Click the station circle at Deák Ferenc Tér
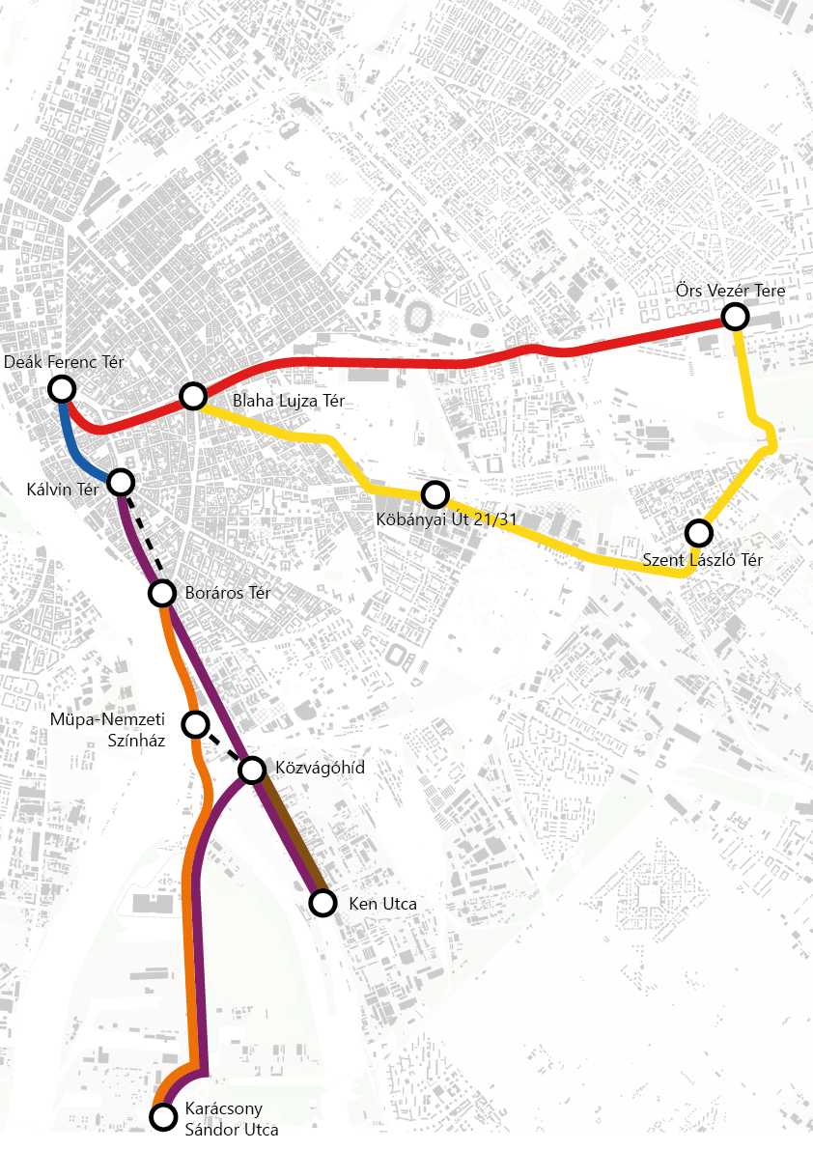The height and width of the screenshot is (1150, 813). point(62,389)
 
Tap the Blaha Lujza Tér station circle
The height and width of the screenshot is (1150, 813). point(193,396)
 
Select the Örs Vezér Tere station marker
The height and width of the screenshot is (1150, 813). point(736,316)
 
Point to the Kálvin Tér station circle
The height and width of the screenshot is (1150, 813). point(121,481)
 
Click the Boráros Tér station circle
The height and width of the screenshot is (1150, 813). point(162,593)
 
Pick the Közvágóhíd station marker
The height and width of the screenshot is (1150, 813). point(252,770)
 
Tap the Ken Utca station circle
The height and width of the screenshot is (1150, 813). point(322,903)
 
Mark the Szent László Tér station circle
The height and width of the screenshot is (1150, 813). point(698,532)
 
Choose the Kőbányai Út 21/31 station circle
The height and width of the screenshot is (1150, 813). point(435,494)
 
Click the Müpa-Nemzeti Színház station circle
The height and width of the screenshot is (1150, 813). point(196,723)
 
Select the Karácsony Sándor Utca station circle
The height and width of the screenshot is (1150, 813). point(164,1116)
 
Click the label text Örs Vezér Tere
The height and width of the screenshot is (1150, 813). point(730,290)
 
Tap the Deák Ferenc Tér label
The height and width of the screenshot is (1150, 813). point(64,363)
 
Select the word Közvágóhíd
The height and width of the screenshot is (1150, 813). point(321,770)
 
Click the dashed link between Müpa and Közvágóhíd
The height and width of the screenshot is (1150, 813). point(224,747)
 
